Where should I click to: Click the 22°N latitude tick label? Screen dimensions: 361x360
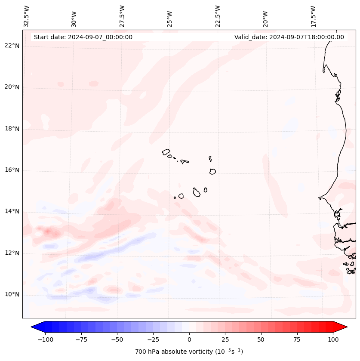(x=12, y=46)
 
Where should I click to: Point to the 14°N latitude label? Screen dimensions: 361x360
(x=12, y=211)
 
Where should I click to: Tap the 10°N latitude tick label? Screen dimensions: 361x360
(x=12, y=294)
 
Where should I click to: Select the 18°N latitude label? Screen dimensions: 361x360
(x=12, y=129)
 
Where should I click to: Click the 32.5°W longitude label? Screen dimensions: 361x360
(x=27, y=16)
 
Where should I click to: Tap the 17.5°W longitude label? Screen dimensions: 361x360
(x=313, y=16)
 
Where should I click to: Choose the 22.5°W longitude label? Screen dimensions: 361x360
(x=218, y=16)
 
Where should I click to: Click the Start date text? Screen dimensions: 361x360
(x=83, y=37)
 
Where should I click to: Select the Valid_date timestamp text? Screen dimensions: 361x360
(x=289, y=37)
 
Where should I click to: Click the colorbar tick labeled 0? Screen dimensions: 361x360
(x=189, y=339)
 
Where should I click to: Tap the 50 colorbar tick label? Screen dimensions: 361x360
(x=261, y=339)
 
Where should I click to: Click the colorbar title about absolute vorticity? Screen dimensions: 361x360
(x=189, y=352)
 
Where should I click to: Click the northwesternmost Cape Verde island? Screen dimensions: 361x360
(x=166, y=152)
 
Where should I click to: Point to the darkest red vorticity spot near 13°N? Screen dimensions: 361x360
(x=47, y=232)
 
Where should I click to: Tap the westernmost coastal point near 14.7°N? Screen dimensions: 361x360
(x=319, y=198)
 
